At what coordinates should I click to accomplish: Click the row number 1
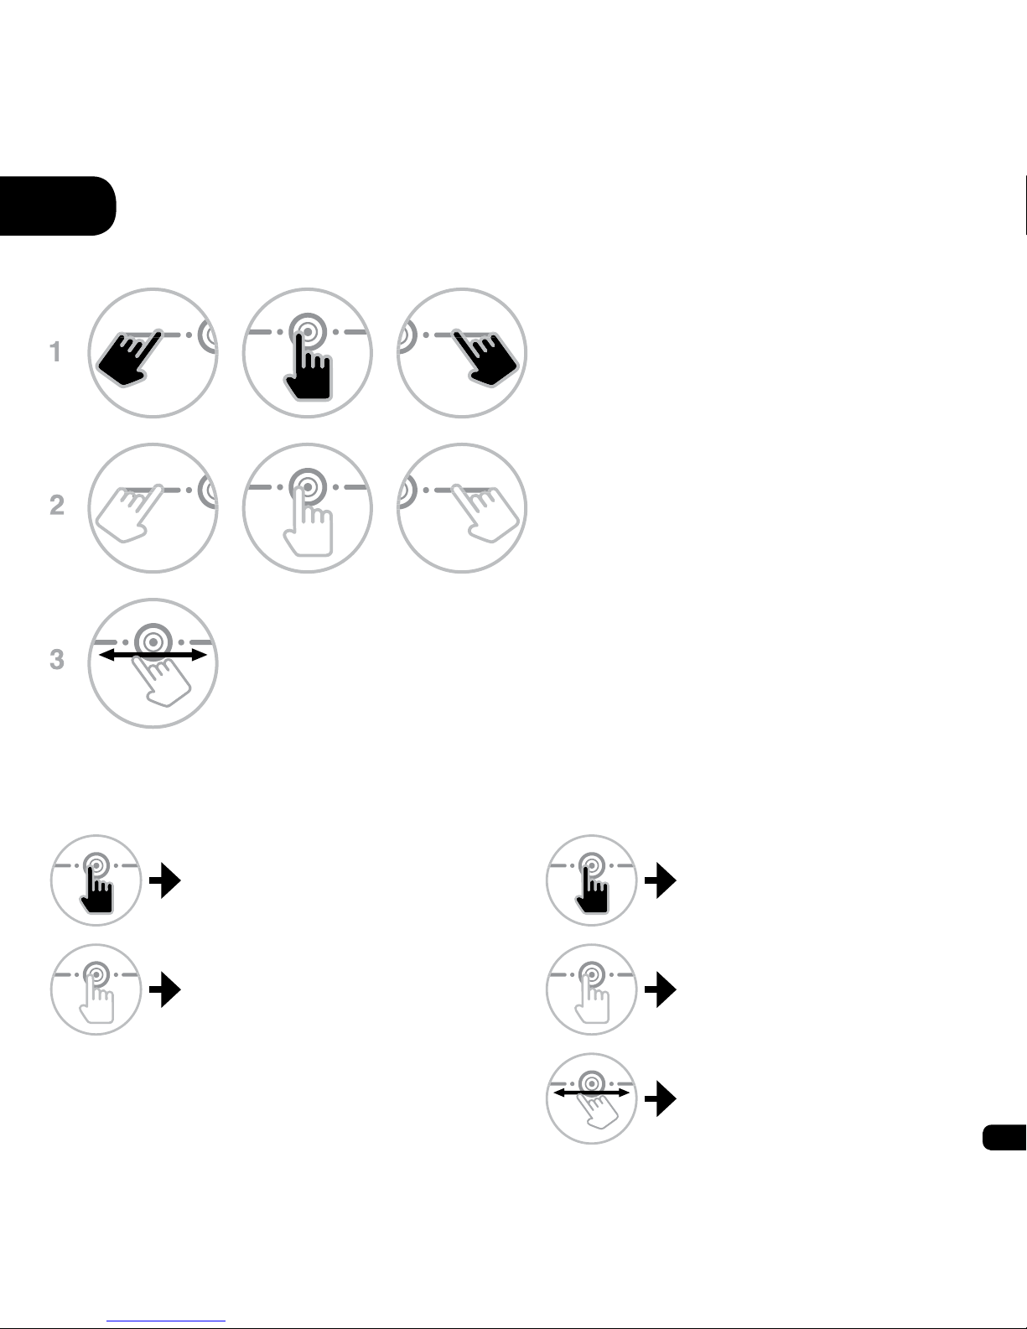point(55,351)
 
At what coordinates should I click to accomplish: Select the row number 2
point(57,505)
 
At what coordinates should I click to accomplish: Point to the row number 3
point(57,659)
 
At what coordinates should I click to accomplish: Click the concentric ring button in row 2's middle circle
point(309,487)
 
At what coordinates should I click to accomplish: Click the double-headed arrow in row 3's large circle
point(153,655)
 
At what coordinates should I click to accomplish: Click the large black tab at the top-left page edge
point(58,205)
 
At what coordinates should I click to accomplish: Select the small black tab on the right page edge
point(1004,1138)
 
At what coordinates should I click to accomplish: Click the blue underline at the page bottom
point(166,1321)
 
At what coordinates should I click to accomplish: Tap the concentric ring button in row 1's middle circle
point(309,332)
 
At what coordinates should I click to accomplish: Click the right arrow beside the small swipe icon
point(661,1098)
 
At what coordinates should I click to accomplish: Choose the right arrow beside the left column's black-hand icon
point(165,880)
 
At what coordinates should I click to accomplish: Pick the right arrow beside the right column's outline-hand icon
point(661,989)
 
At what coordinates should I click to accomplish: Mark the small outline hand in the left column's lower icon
point(96,1000)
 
